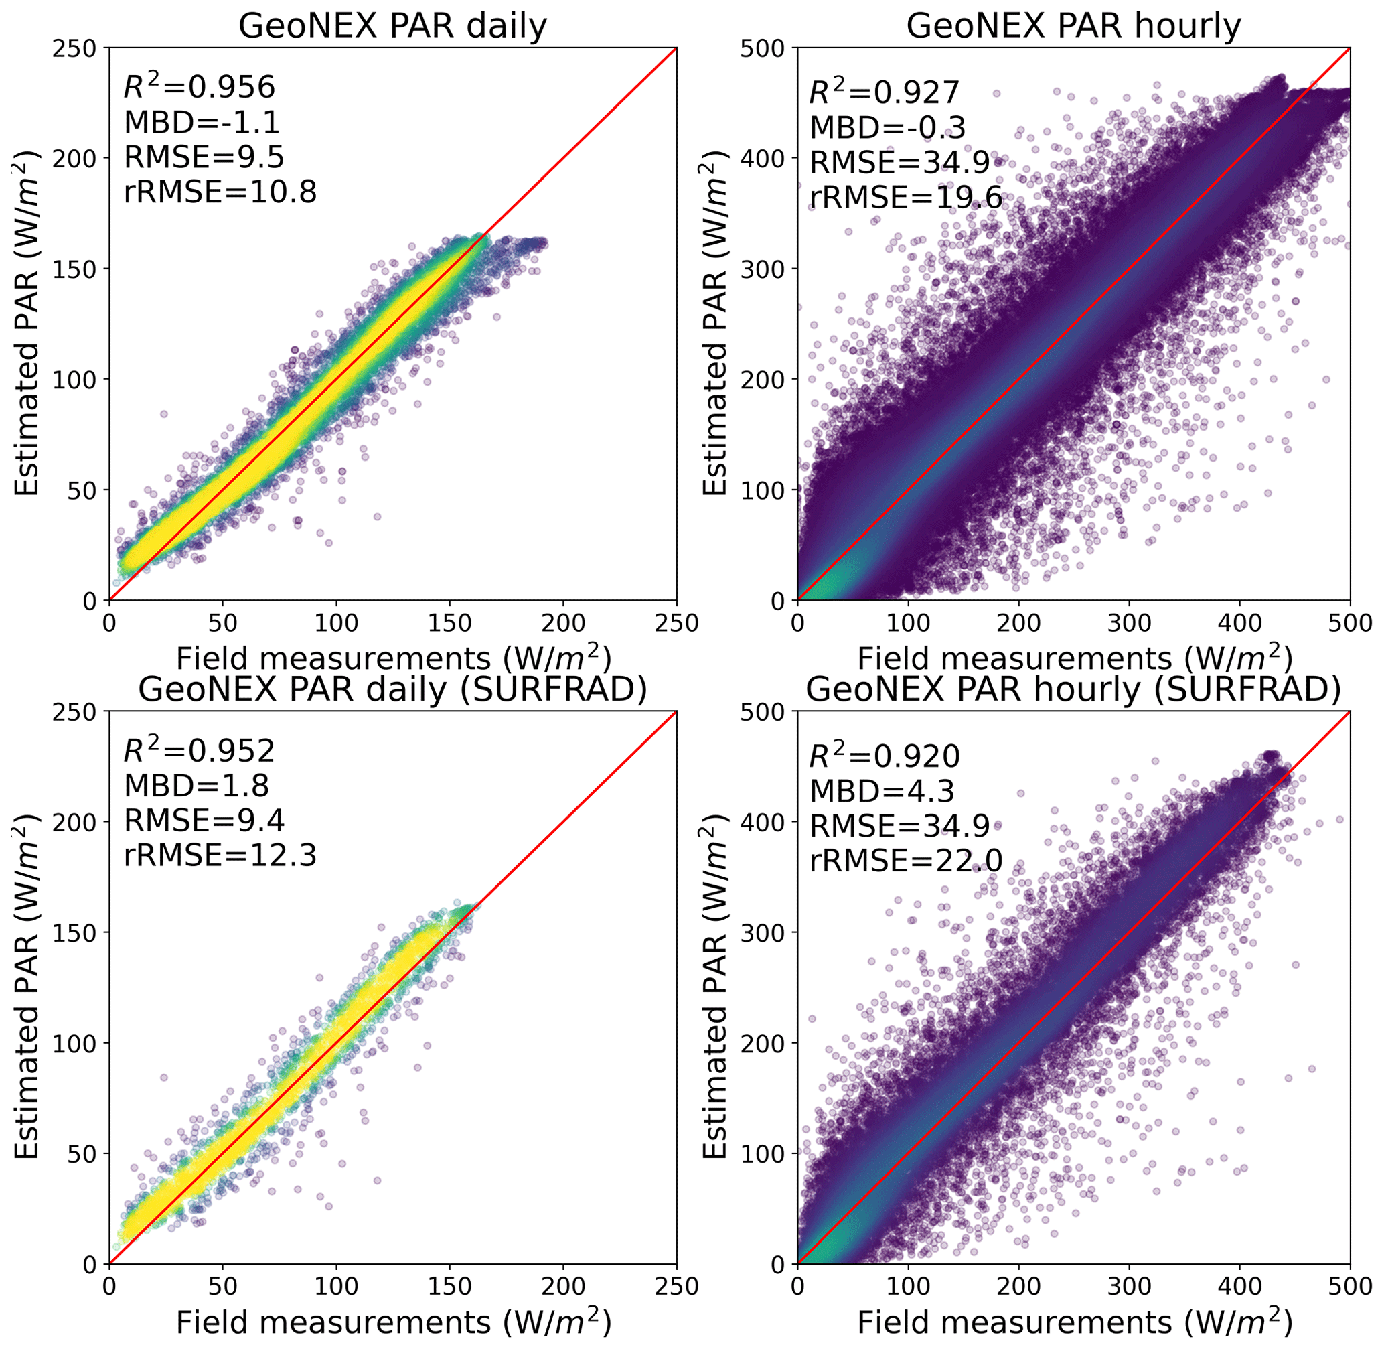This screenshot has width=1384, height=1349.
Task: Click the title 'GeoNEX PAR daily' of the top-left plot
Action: point(392,27)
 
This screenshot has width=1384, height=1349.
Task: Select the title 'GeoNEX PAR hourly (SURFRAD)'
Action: point(1073,689)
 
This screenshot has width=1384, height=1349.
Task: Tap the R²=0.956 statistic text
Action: point(199,87)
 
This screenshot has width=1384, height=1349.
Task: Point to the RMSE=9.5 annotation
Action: point(204,157)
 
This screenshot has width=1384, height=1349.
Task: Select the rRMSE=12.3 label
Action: point(220,856)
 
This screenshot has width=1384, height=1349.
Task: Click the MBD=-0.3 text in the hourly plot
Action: point(887,127)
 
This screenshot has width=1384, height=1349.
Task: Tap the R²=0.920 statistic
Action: point(885,756)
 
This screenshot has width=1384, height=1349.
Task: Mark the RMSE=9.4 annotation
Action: point(204,821)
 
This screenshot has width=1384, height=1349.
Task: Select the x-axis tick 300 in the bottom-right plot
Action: point(1129,1286)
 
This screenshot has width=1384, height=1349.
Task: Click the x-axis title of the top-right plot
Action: point(1073,659)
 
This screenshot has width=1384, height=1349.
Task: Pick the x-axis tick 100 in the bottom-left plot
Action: point(335,1286)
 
